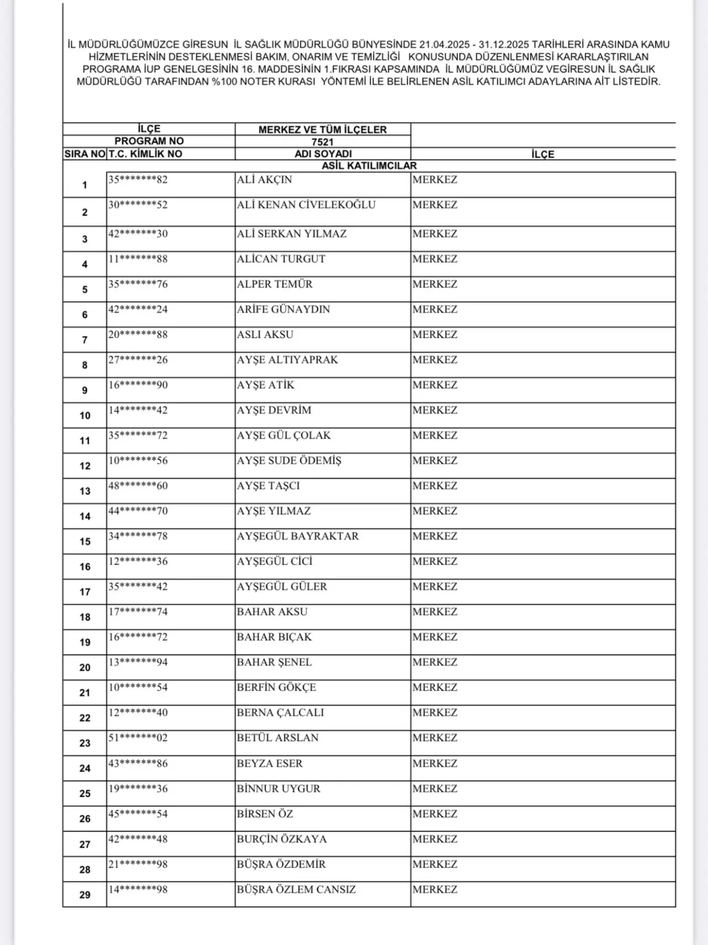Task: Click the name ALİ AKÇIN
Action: coord(264,180)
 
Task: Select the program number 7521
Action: coord(322,142)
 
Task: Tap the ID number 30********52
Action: coord(138,205)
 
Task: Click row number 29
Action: coord(85,895)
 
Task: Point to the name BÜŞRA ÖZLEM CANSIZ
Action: coord(296,889)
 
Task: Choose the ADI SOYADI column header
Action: coord(323,154)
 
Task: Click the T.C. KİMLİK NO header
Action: coord(145,154)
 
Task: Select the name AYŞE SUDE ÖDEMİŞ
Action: coord(289,461)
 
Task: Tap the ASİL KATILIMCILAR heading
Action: coord(369,165)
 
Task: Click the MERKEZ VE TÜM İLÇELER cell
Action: coord(322,129)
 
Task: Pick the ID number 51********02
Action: coord(138,738)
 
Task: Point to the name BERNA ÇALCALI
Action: coord(280,712)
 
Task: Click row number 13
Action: coord(85,491)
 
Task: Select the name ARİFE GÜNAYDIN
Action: coord(283,309)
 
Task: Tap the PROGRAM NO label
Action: coord(149,141)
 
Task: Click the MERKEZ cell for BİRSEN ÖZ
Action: coord(435,814)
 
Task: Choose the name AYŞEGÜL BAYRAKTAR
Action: coord(298,536)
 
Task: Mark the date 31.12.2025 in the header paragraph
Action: coord(504,45)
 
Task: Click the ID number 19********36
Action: coord(138,789)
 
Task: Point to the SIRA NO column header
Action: coord(85,154)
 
